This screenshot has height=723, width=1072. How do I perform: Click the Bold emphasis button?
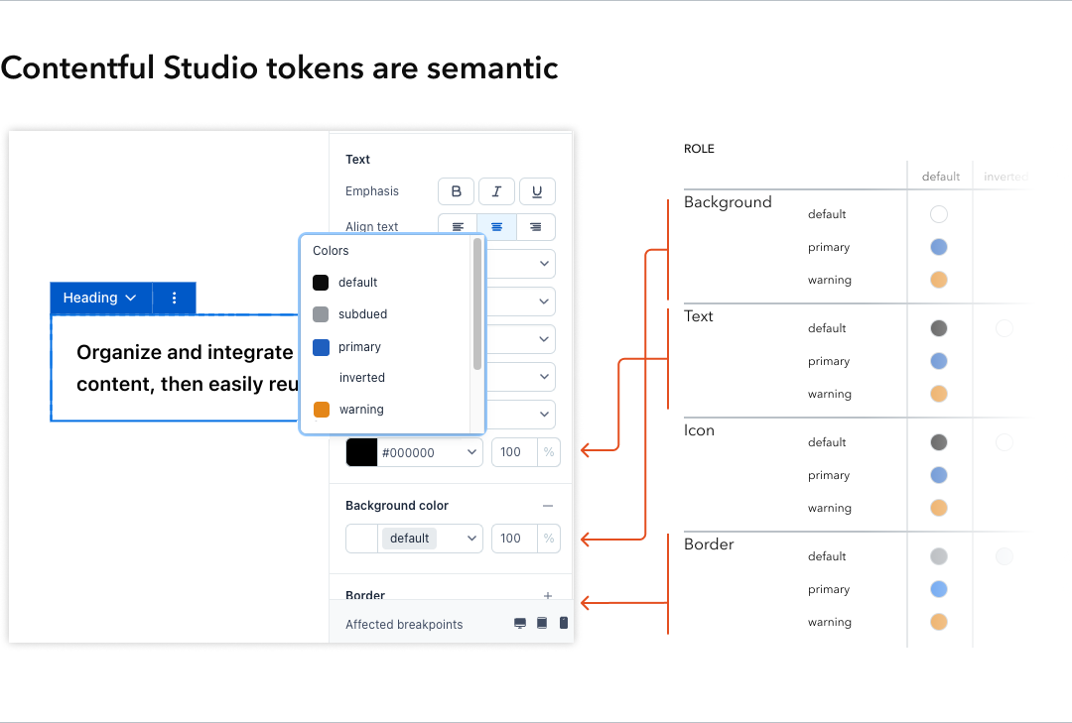tap(457, 191)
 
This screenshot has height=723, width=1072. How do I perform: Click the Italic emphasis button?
tap(496, 191)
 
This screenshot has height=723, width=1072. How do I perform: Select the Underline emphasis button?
tap(537, 191)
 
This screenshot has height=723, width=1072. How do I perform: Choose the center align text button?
tap(496, 227)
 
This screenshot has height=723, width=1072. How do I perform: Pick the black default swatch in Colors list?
tap(321, 283)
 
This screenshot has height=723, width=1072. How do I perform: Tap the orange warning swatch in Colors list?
tap(321, 410)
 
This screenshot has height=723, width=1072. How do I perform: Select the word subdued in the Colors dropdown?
tap(362, 314)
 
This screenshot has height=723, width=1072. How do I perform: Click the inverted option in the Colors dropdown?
tap(361, 378)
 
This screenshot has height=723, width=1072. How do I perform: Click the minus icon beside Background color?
tap(548, 506)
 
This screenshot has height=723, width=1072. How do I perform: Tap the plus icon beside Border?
tap(548, 596)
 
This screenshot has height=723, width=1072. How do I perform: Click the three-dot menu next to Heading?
tap(175, 298)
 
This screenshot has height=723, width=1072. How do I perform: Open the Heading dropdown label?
tap(99, 298)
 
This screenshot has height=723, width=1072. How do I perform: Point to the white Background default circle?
tap(939, 214)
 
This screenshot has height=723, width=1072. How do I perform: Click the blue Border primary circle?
tap(939, 589)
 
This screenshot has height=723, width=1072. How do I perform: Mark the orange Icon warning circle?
tap(939, 508)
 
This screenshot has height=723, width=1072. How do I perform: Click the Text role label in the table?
tap(699, 316)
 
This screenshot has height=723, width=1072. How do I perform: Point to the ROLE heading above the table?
tap(699, 149)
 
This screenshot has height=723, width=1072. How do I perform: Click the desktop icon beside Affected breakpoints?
tap(520, 624)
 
